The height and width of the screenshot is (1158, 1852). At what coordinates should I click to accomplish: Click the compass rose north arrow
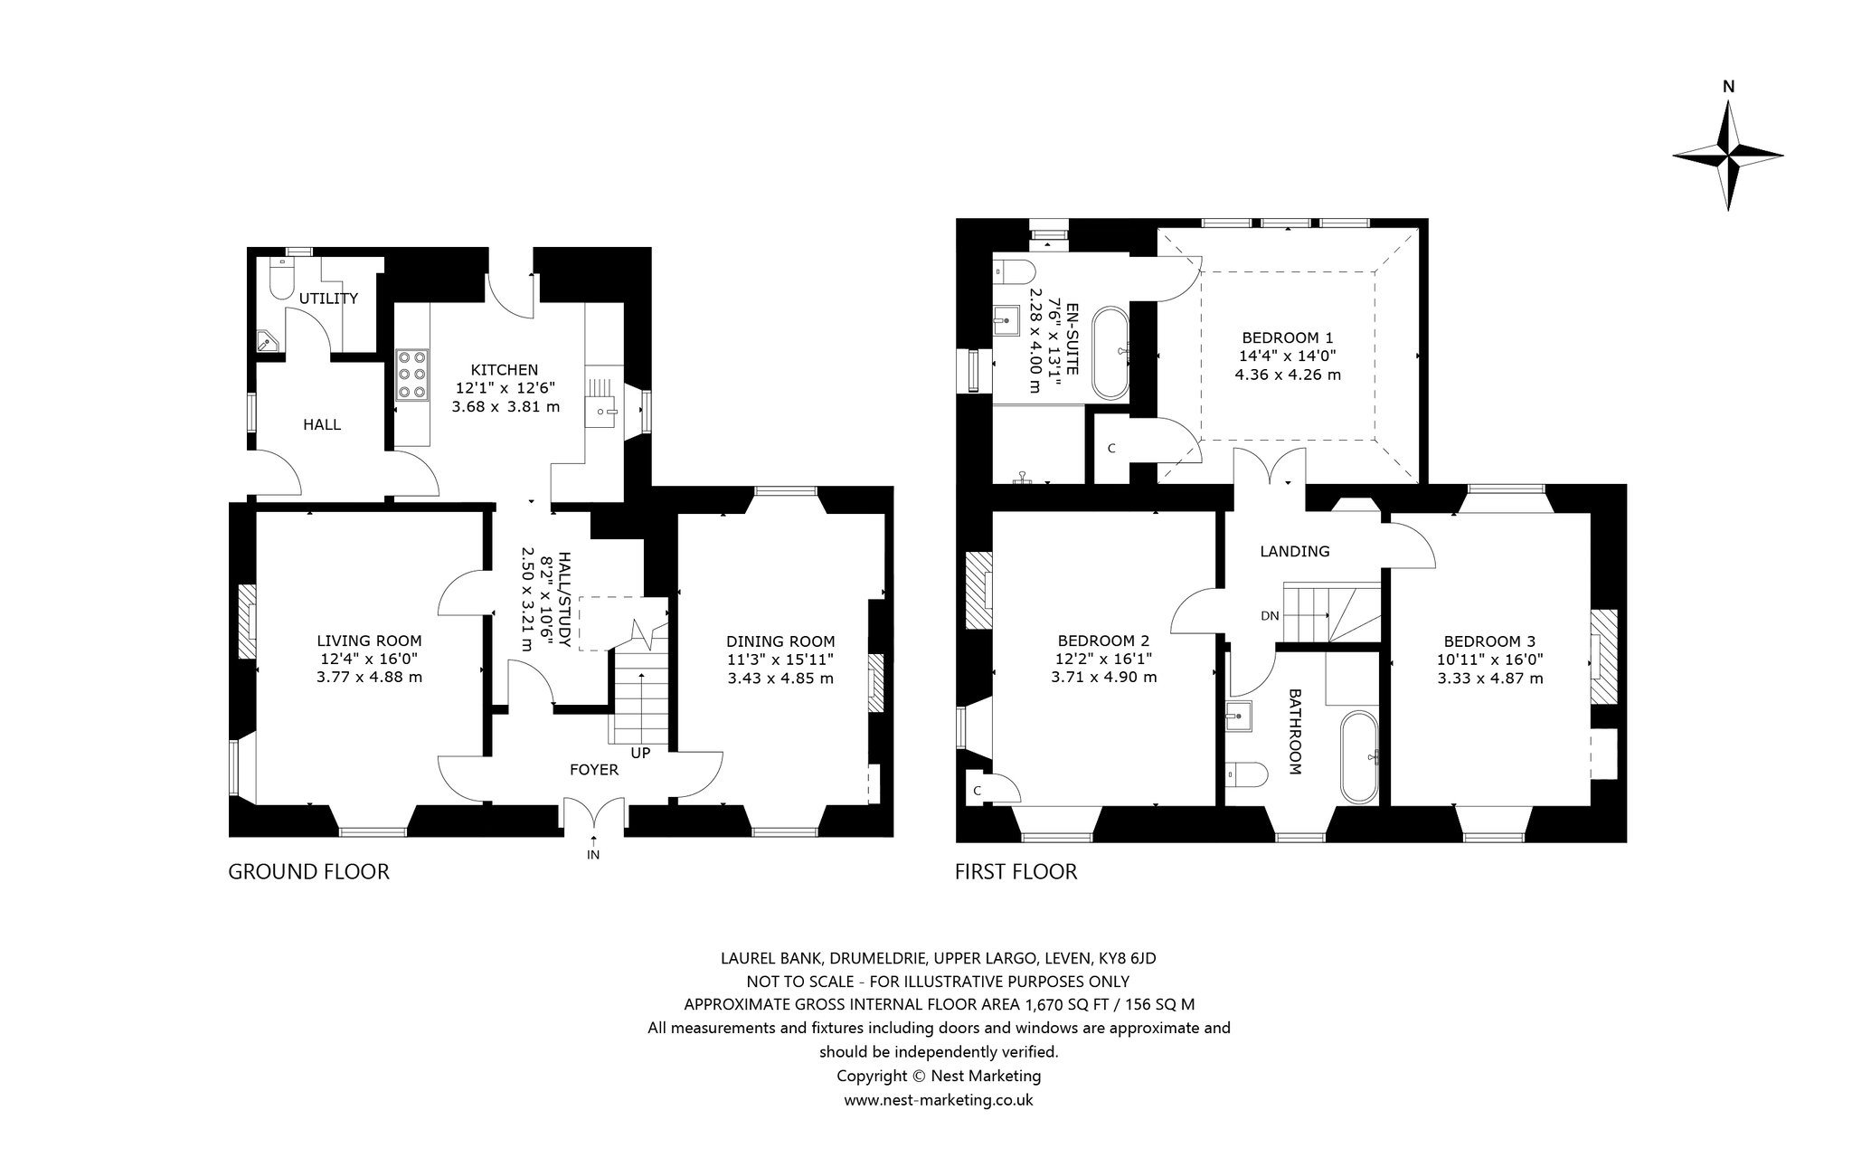click(1728, 156)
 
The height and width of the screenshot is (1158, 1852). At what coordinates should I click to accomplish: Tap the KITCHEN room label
click(505, 369)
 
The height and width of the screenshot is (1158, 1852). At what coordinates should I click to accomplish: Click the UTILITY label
click(329, 298)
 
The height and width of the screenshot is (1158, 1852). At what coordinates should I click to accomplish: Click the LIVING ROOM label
click(370, 641)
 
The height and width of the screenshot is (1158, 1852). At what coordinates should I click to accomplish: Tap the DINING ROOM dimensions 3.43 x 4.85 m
click(780, 678)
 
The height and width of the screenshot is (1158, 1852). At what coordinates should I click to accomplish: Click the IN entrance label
click(593, 854)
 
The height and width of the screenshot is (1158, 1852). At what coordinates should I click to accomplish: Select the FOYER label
click(594, 770)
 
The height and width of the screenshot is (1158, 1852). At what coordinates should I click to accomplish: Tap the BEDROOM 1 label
click(1288, 336)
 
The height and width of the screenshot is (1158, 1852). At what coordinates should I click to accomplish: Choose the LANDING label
click(1295, 551)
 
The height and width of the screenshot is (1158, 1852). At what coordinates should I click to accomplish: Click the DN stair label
click(1270, 616)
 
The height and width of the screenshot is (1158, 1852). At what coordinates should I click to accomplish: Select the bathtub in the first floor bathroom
click(1359, 757)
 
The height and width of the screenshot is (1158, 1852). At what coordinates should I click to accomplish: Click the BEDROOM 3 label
click(1489, 640)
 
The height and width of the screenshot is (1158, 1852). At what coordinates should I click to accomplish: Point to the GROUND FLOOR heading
click(308, 871)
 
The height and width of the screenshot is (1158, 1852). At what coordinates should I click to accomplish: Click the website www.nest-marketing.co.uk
click(939, 1100)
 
